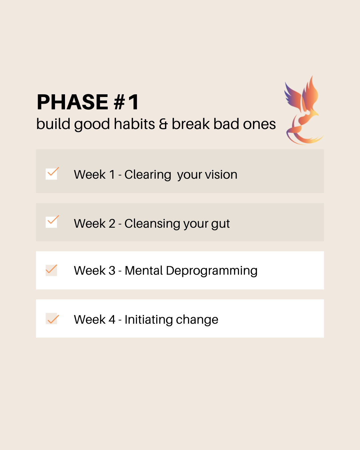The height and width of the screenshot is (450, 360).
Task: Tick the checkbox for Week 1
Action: [51, 174]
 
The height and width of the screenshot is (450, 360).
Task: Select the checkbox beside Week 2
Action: [51, 222]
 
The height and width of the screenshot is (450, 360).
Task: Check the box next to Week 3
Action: [51, 270]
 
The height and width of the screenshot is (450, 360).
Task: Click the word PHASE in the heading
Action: [72, 102]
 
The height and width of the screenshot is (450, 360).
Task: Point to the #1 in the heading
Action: [126, 102]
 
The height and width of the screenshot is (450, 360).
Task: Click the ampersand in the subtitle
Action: [163, 124]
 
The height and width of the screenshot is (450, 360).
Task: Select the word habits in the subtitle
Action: [134, 124]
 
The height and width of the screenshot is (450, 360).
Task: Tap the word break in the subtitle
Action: [190, 124]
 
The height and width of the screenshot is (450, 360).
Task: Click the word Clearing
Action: [148, 175]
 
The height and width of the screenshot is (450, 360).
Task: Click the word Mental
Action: [144, 270]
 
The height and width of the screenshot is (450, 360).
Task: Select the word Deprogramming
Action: [212, 271]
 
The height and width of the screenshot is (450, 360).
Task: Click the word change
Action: [197, 320]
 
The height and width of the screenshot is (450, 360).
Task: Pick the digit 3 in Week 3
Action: [112, 271]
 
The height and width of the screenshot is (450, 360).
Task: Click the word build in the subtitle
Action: [53, 124]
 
